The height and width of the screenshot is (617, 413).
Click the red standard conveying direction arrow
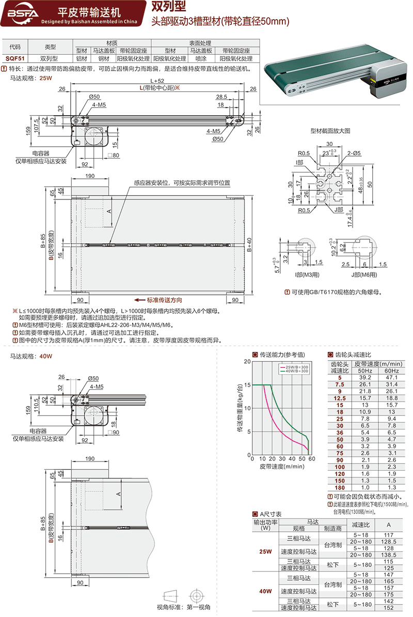click(x=138, y=300)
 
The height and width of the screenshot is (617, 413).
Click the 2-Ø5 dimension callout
click(x=353, y=152)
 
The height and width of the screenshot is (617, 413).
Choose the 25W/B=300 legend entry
click(x=295, y=367)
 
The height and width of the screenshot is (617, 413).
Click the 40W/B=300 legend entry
click(x=295, y=371)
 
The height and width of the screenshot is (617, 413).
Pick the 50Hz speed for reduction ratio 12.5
click(x=364, y=398)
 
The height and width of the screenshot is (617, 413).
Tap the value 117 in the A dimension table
click(x=389, y=535)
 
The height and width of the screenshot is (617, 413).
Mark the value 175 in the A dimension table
click(x=389, y=594)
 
